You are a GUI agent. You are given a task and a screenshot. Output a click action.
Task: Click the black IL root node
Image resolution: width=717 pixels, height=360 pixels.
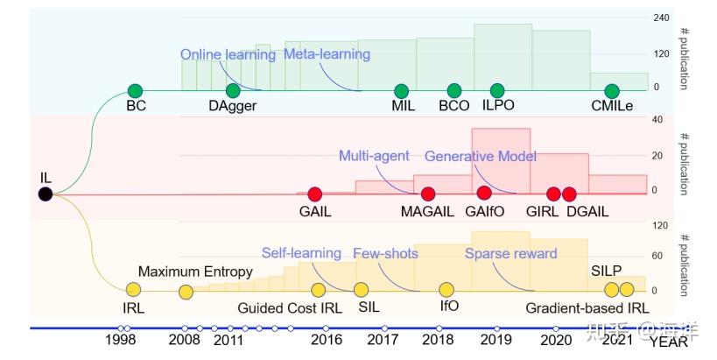(x=46, y=194)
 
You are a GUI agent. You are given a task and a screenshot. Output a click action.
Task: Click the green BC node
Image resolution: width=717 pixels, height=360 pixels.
(x=135, y=90)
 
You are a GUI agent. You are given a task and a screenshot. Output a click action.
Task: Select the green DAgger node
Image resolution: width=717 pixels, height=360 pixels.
(x=232, y=90)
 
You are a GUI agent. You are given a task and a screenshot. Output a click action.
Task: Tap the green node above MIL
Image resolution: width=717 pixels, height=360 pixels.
(x=401, y=90)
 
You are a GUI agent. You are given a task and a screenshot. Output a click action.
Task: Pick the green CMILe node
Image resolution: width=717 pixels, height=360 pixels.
(x=612, y=90)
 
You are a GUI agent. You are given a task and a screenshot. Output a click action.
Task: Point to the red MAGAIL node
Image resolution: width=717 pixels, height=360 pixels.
(x=429, y=194)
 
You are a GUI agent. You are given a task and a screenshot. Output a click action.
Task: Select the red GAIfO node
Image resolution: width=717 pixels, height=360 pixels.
(x=484, y=194)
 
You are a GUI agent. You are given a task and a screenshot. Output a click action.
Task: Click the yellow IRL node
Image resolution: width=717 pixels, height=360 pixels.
(x=133, y=289)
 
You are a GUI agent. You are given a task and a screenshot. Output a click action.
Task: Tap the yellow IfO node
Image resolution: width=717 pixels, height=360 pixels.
(x=447, y=289)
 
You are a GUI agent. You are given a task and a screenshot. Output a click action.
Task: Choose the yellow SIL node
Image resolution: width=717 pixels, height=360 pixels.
(x=361, y=289)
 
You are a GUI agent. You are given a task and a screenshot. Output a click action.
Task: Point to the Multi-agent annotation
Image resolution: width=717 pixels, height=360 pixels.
(x=374, y=157)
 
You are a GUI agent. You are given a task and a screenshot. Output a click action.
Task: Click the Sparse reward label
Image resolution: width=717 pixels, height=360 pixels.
(x=510, y=254)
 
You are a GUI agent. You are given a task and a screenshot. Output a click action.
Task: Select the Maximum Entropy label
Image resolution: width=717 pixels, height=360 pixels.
(x=195, y=272)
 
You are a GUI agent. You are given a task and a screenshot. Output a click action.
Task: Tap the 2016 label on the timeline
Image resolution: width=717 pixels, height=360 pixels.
(x=327, y=340)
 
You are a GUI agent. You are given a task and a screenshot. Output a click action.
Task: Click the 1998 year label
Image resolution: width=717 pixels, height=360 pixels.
(x=123, y=340)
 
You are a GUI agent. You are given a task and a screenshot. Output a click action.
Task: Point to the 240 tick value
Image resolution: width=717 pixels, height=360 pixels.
(x=660, y=18)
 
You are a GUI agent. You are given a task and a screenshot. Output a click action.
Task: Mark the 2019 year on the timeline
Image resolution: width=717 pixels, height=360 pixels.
(x=497, y=340)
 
